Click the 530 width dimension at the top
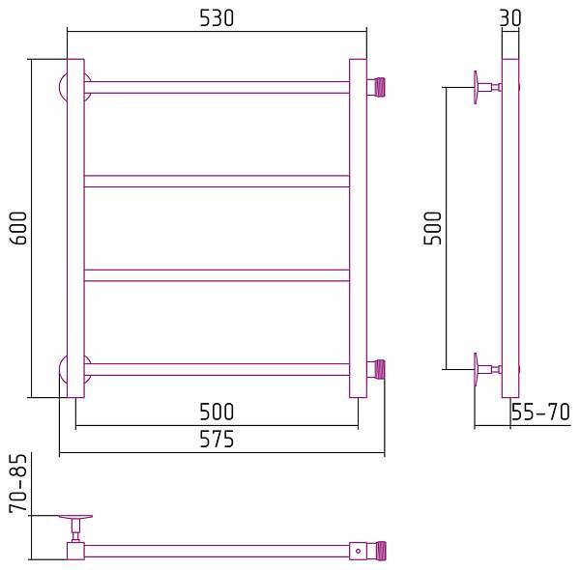pos(217,18)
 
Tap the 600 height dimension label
pos(18,228)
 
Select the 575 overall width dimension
pos(217,440)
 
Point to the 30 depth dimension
pos(510,17)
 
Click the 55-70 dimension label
pos(540,412)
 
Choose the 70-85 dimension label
pos(18,483)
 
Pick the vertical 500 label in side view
pos(432,228)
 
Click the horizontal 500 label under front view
pos(217,412)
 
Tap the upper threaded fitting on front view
pos(376,87)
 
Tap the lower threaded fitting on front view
pos(376,369)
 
